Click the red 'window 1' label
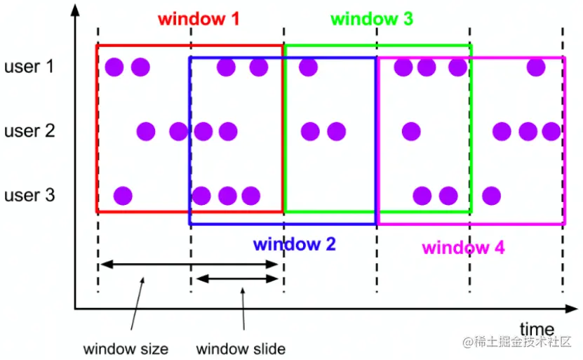tap(199, 19)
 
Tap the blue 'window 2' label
tap(295, 244)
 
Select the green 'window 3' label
tap(372, 19)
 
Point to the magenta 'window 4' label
tap(463, 247)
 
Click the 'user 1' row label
tap(29, 67)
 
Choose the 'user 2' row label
tap(29, 131)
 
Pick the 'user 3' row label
tap(29, 194)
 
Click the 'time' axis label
tap(537, 329)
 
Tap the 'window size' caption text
tap(126, 349)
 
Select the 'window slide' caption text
tap(241, 349)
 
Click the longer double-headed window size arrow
tap(189, 265)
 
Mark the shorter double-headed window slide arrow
tap(237, 279)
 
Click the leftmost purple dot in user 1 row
tap(114, 67)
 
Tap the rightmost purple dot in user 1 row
tap(536, 67)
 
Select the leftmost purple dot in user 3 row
tap(123, 195)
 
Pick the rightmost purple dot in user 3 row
tap(491, 195)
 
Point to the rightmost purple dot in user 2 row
tap(551, 131)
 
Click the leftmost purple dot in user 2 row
tap(146, 131)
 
